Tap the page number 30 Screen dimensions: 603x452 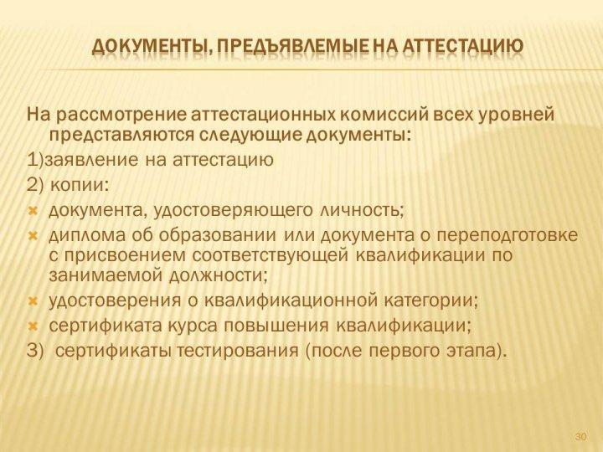click(580, 437)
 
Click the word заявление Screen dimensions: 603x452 click(90, 160)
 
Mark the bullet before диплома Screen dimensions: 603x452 click(33, 234)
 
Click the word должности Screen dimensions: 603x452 click(217, 275)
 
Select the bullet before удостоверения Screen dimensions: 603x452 click(33, 300)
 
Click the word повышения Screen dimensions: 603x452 click(276, 326)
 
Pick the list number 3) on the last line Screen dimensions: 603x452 click(36, 351)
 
